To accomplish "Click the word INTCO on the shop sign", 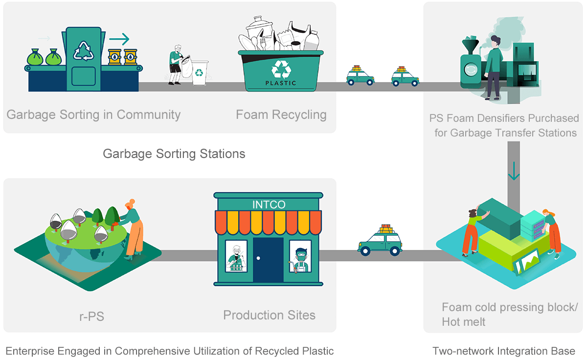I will [269, 204].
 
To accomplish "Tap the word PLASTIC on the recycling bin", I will [281, 83].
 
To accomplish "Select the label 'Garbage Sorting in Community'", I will [93, 115].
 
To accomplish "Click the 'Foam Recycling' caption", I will [281, 115].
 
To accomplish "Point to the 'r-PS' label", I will [91, 316].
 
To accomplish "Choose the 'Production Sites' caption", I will [269, 315].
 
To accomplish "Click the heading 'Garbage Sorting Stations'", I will [174, 154].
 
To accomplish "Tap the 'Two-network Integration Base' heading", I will [504, 351].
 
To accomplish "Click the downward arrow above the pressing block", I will [514, 174].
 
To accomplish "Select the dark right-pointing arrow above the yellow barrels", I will [119, 39].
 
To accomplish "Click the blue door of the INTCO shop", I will [268, 259].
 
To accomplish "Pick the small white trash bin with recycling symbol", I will [199, 72].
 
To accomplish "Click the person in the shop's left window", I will [236, 256].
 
